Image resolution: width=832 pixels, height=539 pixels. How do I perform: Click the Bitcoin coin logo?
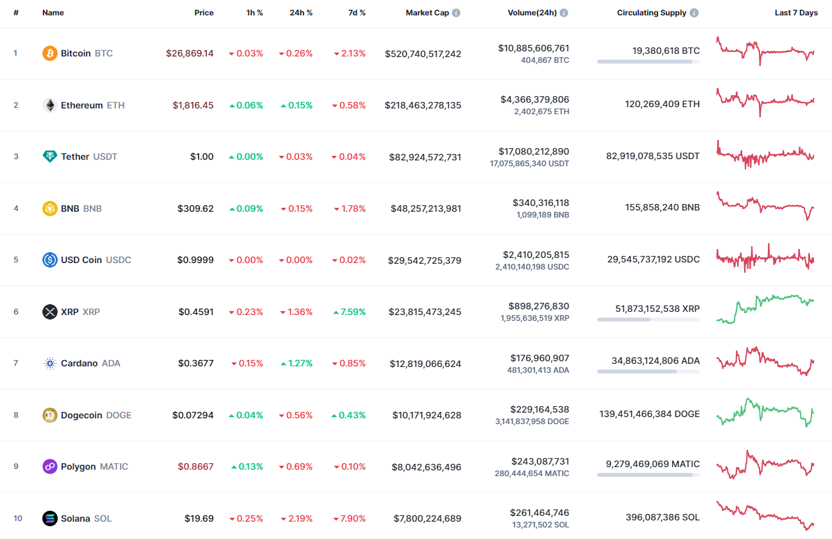point(49,53)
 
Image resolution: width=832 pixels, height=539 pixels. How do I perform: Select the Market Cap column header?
point(427,13)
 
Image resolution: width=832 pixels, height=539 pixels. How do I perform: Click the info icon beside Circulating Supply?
point(694,13)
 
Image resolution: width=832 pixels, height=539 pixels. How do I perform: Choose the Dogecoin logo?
point(49,415)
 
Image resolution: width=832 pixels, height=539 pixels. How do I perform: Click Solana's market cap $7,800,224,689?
point(426,518)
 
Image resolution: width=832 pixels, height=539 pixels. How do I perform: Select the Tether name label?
point(75,157)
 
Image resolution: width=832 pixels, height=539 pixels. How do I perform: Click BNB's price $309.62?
point(196,209)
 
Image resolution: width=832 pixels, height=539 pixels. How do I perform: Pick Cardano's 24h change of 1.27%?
point(296,363)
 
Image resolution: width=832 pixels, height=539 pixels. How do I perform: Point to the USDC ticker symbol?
point(118,260)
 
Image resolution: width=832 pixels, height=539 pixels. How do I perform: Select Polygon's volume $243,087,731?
point(540,461)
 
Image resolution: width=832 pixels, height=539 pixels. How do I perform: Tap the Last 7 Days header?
point(796,13)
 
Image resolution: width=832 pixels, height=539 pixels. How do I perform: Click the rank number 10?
point(17,518)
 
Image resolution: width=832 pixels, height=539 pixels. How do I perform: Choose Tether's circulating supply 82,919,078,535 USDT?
point(652,156)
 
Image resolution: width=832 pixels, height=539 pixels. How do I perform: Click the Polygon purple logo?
point(49,466)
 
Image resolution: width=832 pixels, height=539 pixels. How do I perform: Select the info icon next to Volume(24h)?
point(564,13)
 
